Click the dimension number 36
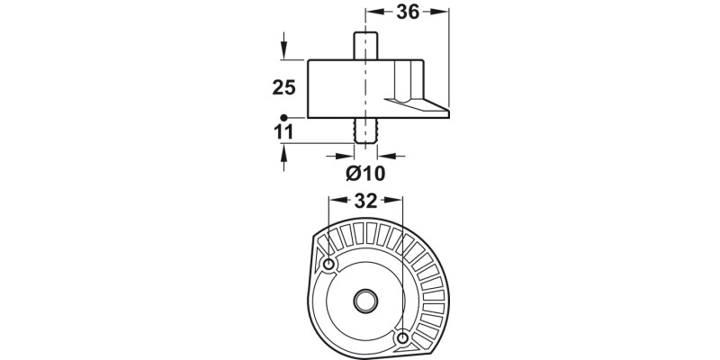coord(408,13)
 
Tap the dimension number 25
coord(283,87)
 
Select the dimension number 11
coord(283,132)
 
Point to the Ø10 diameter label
coord(365,174)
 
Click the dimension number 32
coord(365,201)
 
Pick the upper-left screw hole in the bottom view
coord(328,265)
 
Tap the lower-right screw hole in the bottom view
coord(402,339)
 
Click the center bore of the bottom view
coord(365,301)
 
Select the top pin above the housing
coord(365,46)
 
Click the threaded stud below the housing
coord(365,130)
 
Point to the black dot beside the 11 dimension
coord(283,118)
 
